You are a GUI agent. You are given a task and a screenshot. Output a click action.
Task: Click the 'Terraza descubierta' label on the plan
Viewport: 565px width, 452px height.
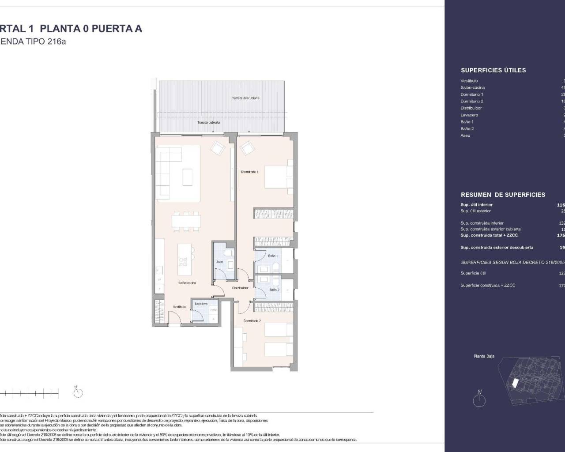pyautogui.click(x=245, y=98)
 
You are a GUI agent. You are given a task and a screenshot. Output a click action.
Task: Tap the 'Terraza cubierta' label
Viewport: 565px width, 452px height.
pyautogui.click(x=208, y=122)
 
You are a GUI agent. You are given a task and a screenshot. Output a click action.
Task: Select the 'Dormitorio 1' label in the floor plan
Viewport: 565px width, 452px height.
pyautogui.click(x=249, y=172)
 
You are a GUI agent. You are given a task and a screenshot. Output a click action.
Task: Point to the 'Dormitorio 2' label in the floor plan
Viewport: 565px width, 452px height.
pyautogui.click(x=252, y=321)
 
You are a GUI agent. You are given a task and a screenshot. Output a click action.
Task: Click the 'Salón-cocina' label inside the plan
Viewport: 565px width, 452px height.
pyautogui.click(x=187, y=283)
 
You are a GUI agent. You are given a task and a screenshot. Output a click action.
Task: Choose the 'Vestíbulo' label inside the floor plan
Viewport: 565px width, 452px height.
pyautogui.click(x=179, y=306)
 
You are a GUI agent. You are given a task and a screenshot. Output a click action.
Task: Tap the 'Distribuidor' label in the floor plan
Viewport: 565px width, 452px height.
pyautogui.click(x=241, y=288)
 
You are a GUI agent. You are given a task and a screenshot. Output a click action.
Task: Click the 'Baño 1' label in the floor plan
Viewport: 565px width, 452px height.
pyautogui.click(x=273, y=256)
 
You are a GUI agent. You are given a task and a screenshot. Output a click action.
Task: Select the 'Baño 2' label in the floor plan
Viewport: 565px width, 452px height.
pyautogui.click(x=274, y=290)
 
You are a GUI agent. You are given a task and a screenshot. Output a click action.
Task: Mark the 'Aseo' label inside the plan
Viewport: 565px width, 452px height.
pyautogui.click(x=219, y=262)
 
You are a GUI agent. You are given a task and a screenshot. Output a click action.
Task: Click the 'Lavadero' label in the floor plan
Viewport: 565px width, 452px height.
pyautogui.click(x=201, y=304)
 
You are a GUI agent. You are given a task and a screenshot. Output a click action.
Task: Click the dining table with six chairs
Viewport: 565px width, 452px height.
pyautogui.click(x=186, y=221)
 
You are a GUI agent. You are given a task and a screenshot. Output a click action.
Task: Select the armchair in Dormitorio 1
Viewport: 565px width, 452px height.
pyautogui.click(x=247, y=148)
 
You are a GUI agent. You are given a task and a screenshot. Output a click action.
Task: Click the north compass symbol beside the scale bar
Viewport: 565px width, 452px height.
pyautogui.click(x=78, y=392)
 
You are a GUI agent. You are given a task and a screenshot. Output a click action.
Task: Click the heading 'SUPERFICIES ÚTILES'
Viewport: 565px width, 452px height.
pyautogui.click(x=493, y=70)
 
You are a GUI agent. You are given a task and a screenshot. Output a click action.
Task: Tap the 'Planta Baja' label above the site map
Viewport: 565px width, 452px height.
pyautogui.click(x=484, y=356)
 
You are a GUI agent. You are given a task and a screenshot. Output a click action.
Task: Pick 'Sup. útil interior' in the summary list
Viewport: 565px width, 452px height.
pyautogui.click(x=476, y=205)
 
